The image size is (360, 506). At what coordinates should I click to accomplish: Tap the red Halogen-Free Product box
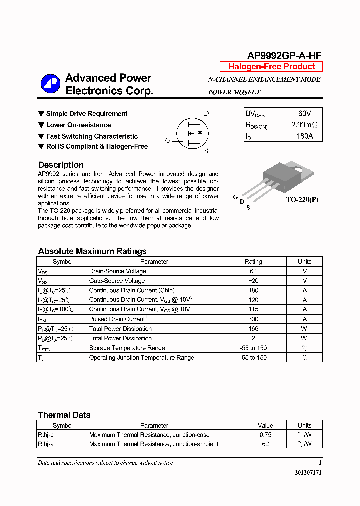(x=271, y=67)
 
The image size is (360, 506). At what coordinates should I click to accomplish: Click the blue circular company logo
(x=50, y=84)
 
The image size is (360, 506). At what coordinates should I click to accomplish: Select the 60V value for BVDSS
(x=304, y=114)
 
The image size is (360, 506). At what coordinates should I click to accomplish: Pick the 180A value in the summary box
(x=304, y=136)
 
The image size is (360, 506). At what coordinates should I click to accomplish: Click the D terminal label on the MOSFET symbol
(x=206, y=114)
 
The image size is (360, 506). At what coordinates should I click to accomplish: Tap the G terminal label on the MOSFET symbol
(x=168, y=140)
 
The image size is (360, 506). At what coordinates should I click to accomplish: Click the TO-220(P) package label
(x=302, y=200)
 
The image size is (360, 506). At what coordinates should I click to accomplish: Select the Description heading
(x=61, y=165)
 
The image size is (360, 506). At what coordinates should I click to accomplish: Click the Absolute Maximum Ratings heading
(x=92, y=251)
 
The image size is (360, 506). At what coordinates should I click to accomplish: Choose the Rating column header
(x=253, y=261)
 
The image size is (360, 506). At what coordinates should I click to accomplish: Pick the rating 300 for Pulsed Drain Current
(x=253, y=319)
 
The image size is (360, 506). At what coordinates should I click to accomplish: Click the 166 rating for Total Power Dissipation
(x=253, y=329)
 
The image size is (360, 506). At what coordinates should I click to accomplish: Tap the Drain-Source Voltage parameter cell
(x=118, y=271)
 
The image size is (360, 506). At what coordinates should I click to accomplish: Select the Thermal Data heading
(x=64, y=415)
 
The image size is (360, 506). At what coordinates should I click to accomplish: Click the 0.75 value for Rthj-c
(x=265, y=435)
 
